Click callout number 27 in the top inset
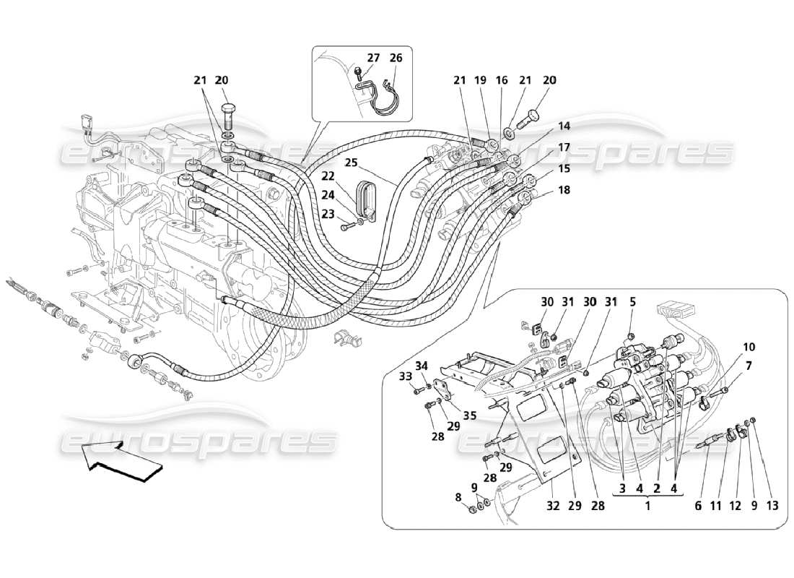[x=373, y=58]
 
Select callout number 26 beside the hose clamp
[x=396, y=58]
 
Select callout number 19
[x=481, y=80]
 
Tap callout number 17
[x=564, y=147]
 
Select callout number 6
[x=698, y=506]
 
